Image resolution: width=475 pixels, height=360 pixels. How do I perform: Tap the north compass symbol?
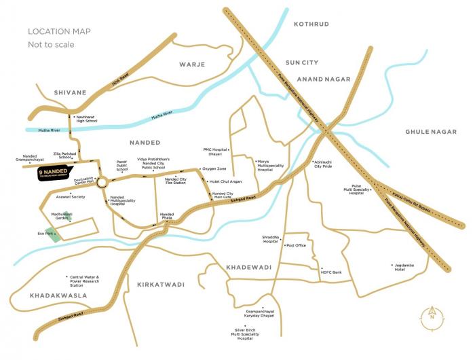[432, 314]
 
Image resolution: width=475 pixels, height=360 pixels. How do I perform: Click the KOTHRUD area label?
[311, 24]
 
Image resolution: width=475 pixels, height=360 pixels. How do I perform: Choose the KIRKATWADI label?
[159, 285]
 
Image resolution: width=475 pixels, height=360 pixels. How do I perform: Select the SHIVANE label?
[69, 92]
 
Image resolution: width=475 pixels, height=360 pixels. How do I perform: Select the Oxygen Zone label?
[214, 168]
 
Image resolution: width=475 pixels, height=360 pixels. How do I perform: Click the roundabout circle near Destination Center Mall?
[102, 182]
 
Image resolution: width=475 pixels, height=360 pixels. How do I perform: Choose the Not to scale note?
[51, 45]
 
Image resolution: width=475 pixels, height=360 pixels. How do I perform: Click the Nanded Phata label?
[167, 217]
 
